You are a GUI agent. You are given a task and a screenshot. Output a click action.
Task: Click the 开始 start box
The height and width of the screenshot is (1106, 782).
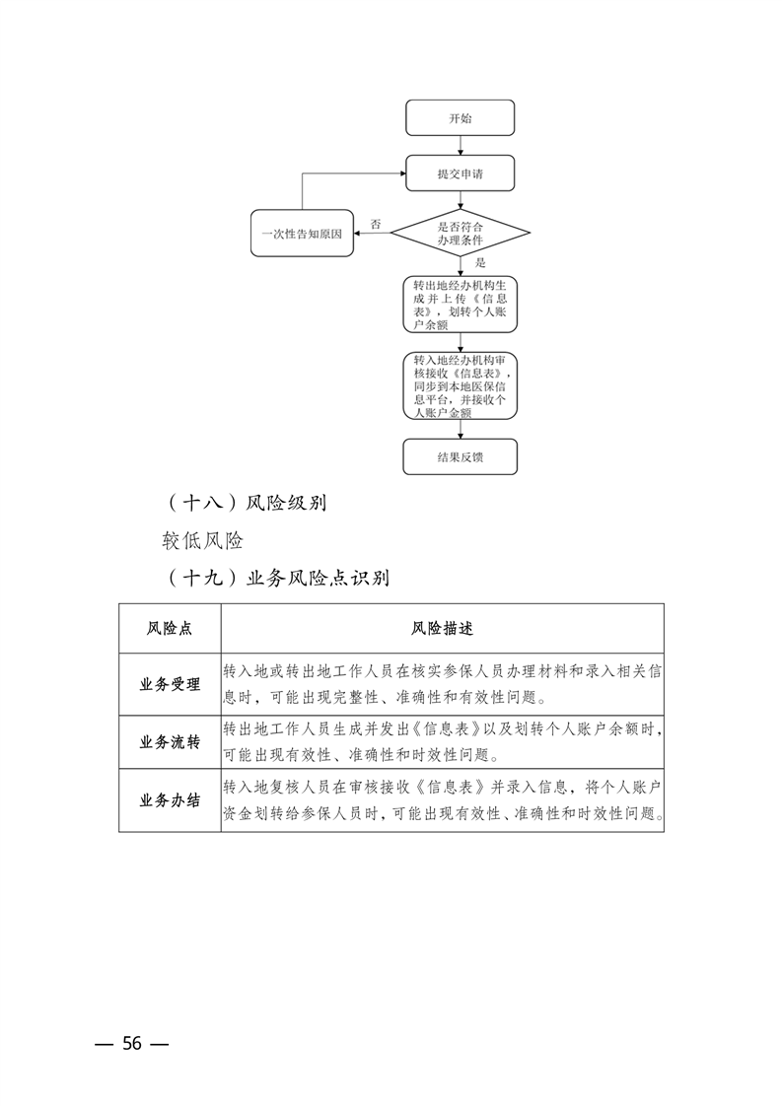(x=460, y=118)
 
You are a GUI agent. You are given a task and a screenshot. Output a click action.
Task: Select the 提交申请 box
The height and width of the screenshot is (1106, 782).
(x=460, y=174)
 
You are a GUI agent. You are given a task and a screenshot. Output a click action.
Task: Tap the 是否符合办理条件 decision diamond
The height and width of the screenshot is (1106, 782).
(x=460, y=234)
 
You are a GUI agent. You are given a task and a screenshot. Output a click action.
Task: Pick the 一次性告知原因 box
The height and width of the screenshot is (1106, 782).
(x=302, y=234)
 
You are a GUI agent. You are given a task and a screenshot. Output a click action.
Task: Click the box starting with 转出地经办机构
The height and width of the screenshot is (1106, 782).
(x=460, y=305)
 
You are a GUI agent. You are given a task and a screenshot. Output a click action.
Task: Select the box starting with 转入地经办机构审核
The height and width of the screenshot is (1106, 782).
(x=460, y=386)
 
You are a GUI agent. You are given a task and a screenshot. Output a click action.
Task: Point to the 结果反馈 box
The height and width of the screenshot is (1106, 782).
(x=460, y=457)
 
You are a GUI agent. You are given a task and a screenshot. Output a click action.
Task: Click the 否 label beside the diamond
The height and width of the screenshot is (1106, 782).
(x=376, y=224)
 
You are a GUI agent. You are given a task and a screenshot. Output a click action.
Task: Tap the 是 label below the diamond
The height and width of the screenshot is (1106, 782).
(x=480, y=263)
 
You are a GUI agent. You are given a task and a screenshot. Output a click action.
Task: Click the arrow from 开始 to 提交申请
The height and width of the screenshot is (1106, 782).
(x=461, y=146)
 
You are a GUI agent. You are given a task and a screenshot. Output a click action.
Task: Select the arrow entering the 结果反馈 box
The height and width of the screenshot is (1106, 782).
(x=461, y=430)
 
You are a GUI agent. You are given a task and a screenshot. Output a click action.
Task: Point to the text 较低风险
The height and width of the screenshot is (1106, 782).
(x=203, y=540)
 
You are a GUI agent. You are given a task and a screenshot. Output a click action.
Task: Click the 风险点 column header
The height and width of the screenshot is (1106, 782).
(x=170, y=628)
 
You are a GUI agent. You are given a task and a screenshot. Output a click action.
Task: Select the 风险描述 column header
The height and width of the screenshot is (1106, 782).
(x=442, y=628)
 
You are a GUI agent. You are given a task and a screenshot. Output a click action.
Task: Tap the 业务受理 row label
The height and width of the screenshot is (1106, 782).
(x=170, y=684)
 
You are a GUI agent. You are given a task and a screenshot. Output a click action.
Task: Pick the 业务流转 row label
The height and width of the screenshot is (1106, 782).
(x=170, y=742)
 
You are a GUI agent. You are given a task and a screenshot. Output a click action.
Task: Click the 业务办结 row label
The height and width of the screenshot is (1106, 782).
(x=170, y=801)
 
